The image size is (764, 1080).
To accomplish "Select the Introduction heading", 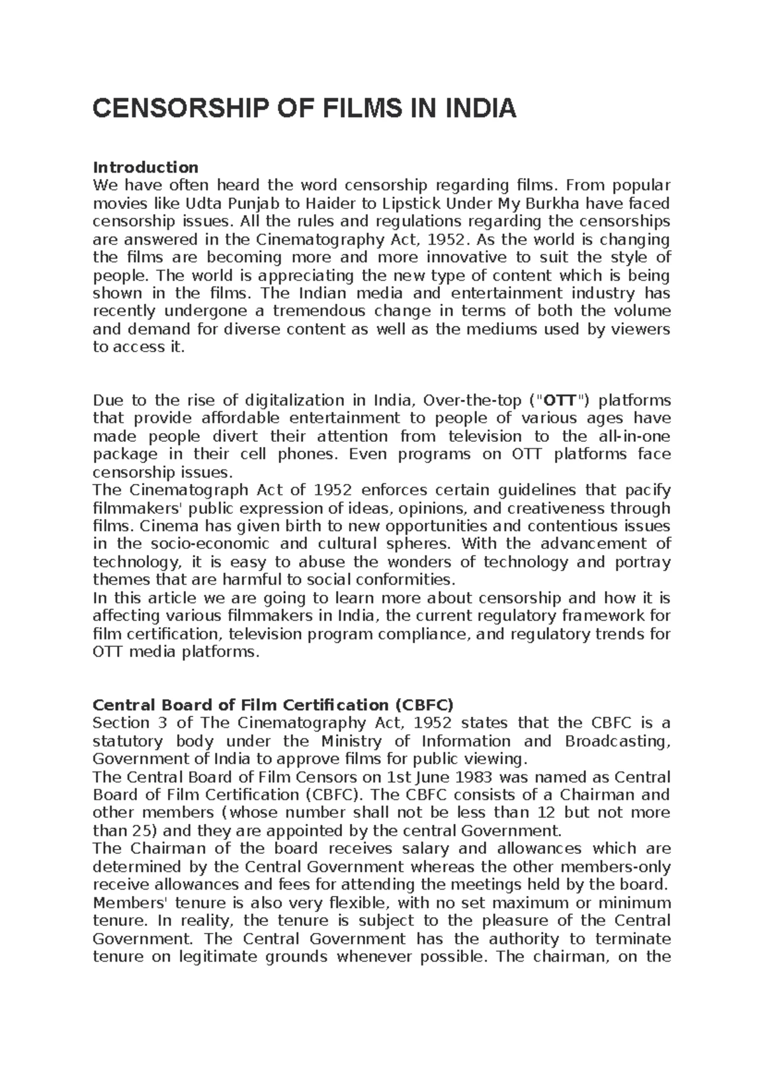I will [x=146, y=167].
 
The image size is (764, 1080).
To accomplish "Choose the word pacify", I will [x=647, y=490].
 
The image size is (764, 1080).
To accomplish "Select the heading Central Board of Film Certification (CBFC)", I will [x=273, y=705].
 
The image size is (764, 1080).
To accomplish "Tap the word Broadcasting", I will [x=618, y=741].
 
